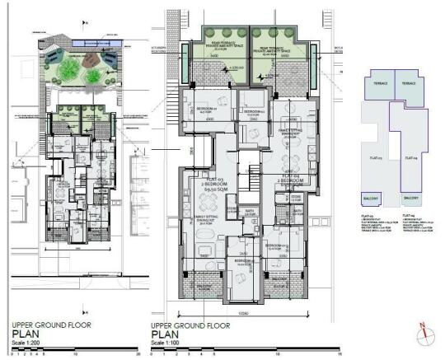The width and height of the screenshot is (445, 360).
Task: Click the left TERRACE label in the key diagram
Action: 381,82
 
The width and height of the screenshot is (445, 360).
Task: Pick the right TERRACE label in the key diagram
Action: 407,82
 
